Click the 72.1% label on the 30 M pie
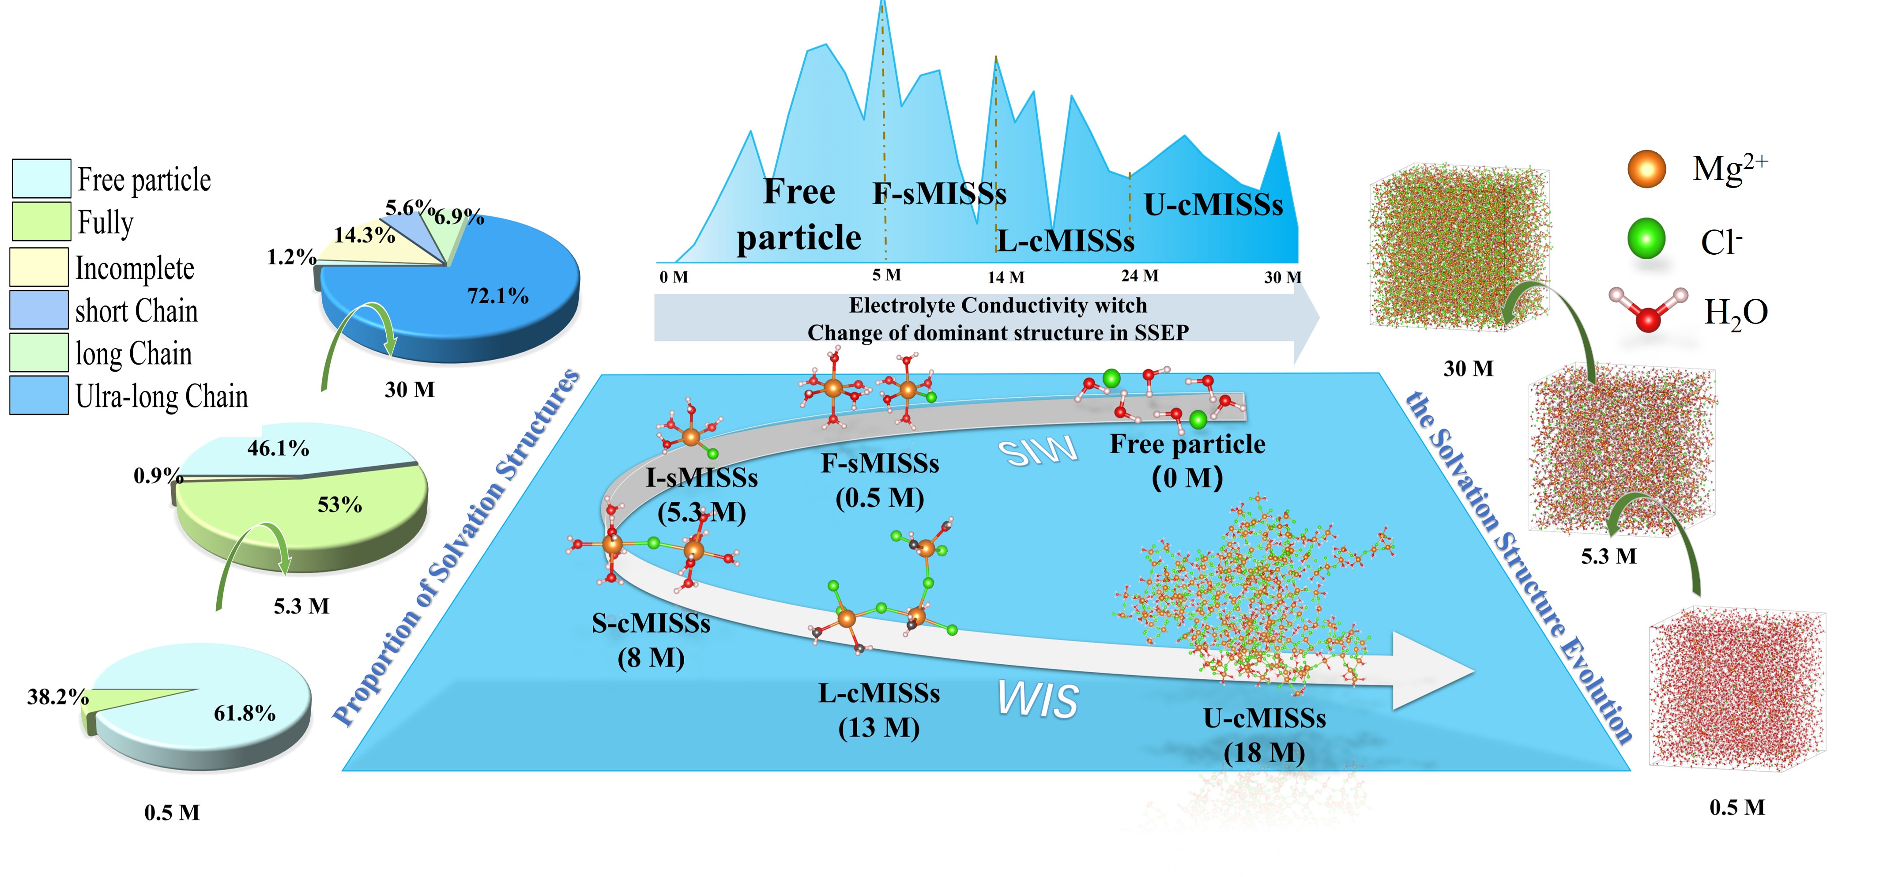498,296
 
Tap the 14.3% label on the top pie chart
365,235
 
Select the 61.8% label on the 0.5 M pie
245,713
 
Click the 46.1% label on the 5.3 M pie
279,448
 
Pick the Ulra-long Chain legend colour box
40,395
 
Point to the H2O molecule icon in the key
1648,310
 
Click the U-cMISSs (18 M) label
1264,735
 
